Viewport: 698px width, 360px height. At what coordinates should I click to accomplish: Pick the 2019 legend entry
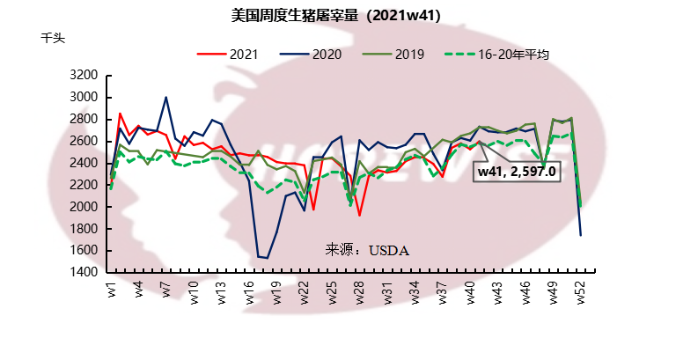tap(396, 54)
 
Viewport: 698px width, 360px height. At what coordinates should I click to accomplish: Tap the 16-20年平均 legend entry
tap(497, 54)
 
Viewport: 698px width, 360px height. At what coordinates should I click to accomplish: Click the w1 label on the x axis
tap(112, 289)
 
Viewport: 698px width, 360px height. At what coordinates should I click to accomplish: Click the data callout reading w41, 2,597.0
tap(517, 172)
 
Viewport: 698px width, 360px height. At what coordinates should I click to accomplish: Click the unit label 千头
tap(53, 38)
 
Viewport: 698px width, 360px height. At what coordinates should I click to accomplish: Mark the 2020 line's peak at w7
tap(165, 97)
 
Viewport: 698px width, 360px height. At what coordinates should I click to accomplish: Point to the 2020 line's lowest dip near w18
tap(268, 258)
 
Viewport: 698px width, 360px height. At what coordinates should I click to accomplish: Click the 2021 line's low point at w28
tap(359, 215)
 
